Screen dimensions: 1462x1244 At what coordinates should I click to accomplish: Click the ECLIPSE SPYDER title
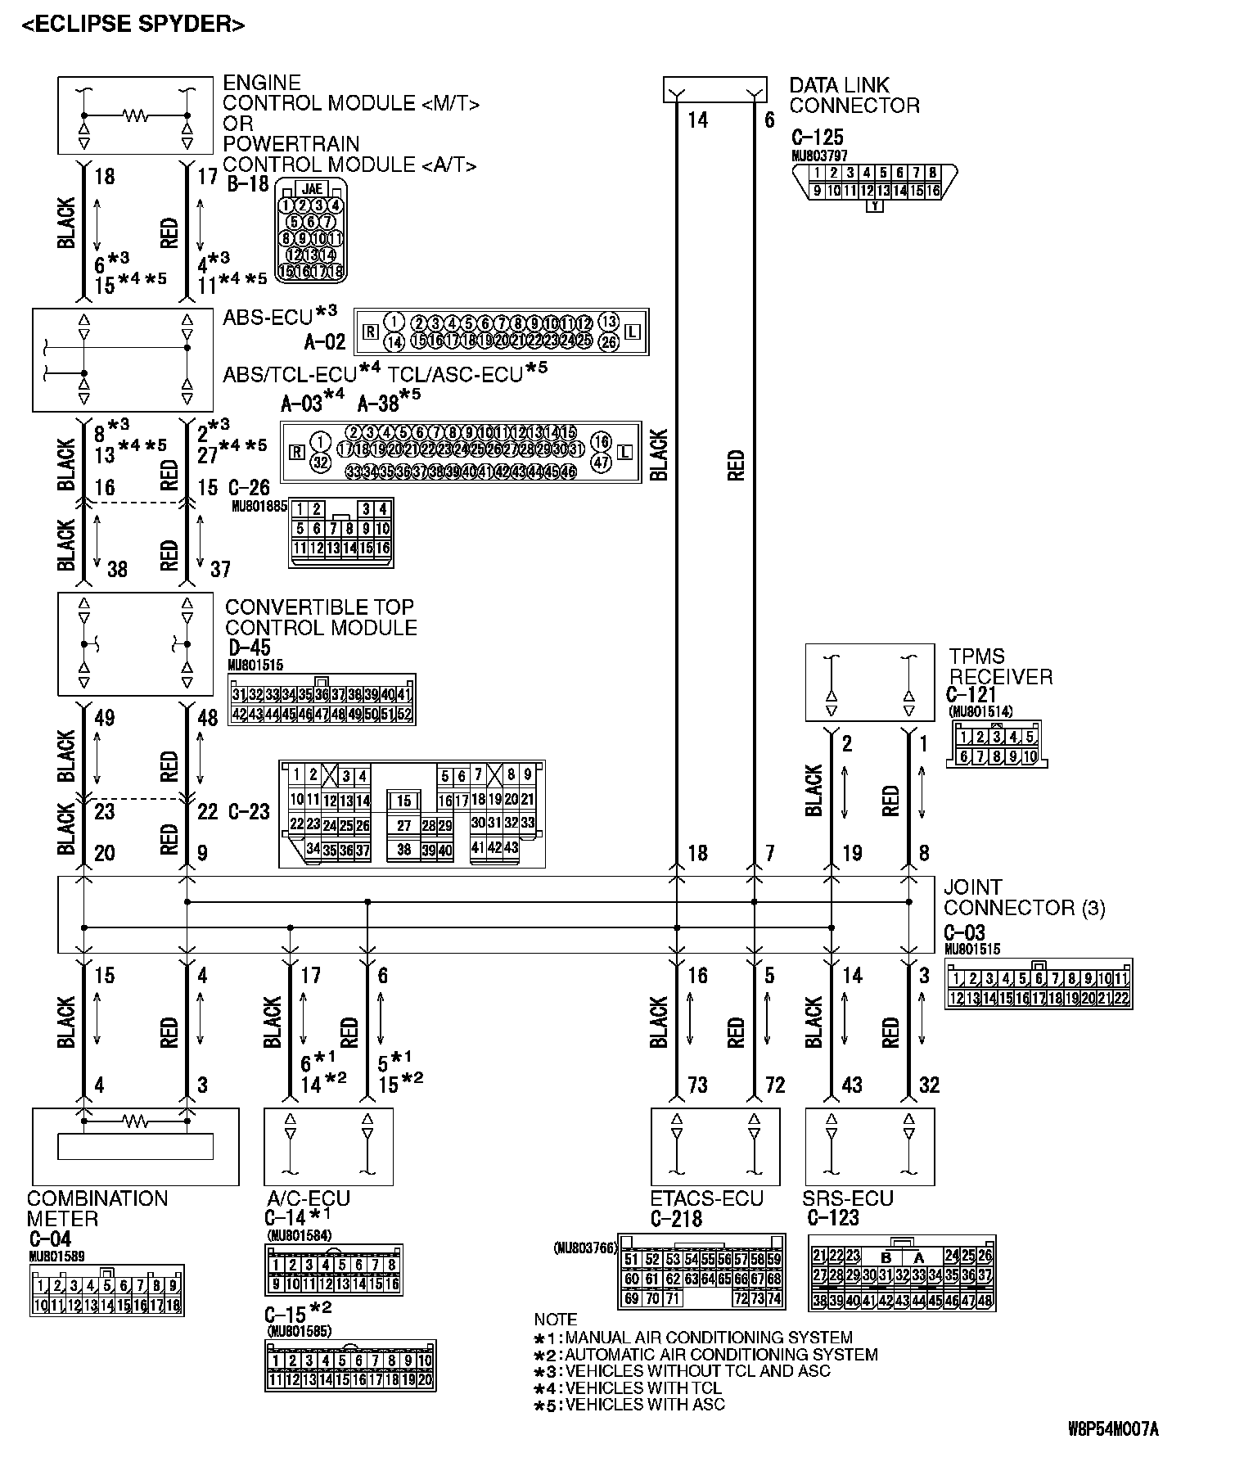tap(133, 25)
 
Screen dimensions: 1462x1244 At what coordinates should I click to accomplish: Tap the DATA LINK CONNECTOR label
tap(854, 95)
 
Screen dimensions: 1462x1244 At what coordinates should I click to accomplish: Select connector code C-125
tap(817, 137)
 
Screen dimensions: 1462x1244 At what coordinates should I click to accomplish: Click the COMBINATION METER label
tap(97, 1208)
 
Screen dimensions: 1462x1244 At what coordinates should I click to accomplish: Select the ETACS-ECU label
tap(706, 1198)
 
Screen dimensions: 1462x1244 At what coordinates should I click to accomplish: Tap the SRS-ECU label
tap(847, 1198)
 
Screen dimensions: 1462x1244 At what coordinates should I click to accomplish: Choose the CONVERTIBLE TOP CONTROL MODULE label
tap(321, 617)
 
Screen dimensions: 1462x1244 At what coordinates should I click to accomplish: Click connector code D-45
tap(250, 648)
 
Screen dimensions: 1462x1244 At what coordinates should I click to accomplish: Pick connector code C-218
tap(676, 1219)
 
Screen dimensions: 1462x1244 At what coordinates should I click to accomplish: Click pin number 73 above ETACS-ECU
tap(697, 1085)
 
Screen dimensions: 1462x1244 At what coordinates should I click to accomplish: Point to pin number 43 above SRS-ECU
tap(852, 1085)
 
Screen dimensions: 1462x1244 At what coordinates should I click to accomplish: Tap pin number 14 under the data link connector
tap(697, 120)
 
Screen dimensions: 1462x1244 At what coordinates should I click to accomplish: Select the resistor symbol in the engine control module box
tap(135, 116)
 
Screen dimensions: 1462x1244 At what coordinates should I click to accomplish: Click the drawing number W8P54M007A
tap(1114, 1429)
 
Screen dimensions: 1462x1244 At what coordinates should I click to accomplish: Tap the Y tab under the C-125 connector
tap(875, 206)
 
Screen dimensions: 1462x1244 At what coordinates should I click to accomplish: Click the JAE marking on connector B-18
tap(312, 188)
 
